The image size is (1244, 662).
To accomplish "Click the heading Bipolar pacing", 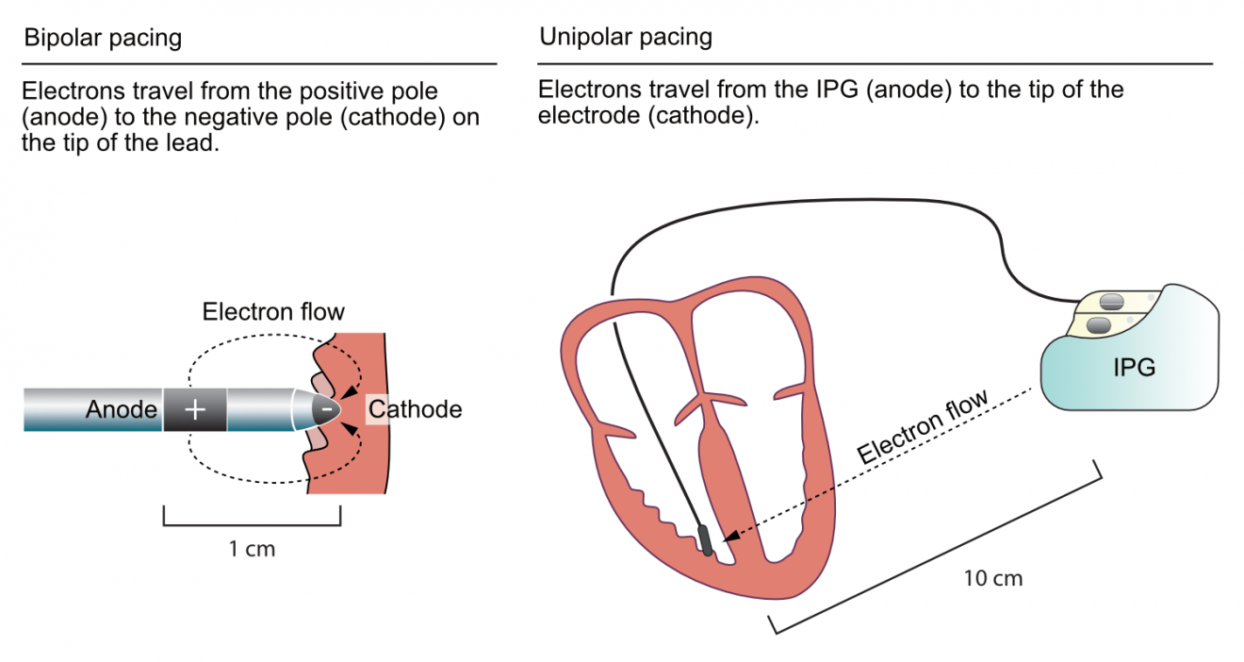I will coord(103,39).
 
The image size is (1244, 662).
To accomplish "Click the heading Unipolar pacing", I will coord(625,38).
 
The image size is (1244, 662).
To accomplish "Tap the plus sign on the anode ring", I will coord(194,410).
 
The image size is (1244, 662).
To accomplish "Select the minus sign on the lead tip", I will coord(326,410).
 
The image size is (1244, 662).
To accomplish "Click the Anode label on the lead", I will coord(122,410).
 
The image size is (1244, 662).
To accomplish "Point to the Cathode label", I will coord(415,410).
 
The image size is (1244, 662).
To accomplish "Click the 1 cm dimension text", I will coord(252,548).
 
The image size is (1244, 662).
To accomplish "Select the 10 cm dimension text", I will coord(992,578).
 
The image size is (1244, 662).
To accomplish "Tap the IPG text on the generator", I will coord(1133,368).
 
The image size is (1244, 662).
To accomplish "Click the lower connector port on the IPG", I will coord(1099,325).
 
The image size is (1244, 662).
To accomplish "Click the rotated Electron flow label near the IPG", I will coord(923,427).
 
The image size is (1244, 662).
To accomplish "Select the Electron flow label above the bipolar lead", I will coord(273,311).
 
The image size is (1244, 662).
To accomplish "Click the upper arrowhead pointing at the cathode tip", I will coord(350,394).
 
